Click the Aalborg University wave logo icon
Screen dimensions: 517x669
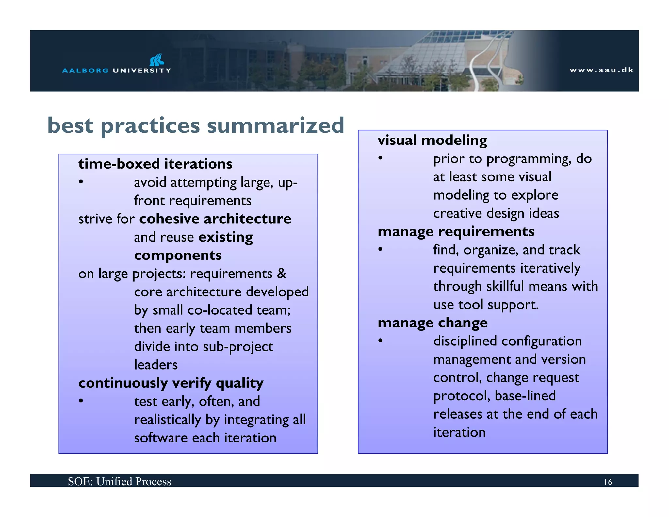156,60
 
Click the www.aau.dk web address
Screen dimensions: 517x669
601,70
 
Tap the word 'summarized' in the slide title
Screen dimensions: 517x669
275,125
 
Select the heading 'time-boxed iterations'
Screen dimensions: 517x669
155,164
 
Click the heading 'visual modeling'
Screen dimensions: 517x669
432,140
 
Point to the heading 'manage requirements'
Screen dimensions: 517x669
456,231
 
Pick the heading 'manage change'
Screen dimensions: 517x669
432,323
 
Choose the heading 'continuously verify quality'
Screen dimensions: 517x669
171,383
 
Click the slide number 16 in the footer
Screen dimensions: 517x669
608,482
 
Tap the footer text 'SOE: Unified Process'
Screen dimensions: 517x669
120,481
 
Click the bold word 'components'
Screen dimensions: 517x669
178,255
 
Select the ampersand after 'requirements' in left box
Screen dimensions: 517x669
282,274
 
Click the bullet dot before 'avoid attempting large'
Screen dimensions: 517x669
81,182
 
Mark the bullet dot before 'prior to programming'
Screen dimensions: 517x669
380,158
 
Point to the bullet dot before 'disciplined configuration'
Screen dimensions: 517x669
380,341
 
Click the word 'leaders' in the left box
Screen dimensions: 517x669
156,365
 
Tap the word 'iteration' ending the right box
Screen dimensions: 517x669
459,432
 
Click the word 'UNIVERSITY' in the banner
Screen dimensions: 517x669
142,70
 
